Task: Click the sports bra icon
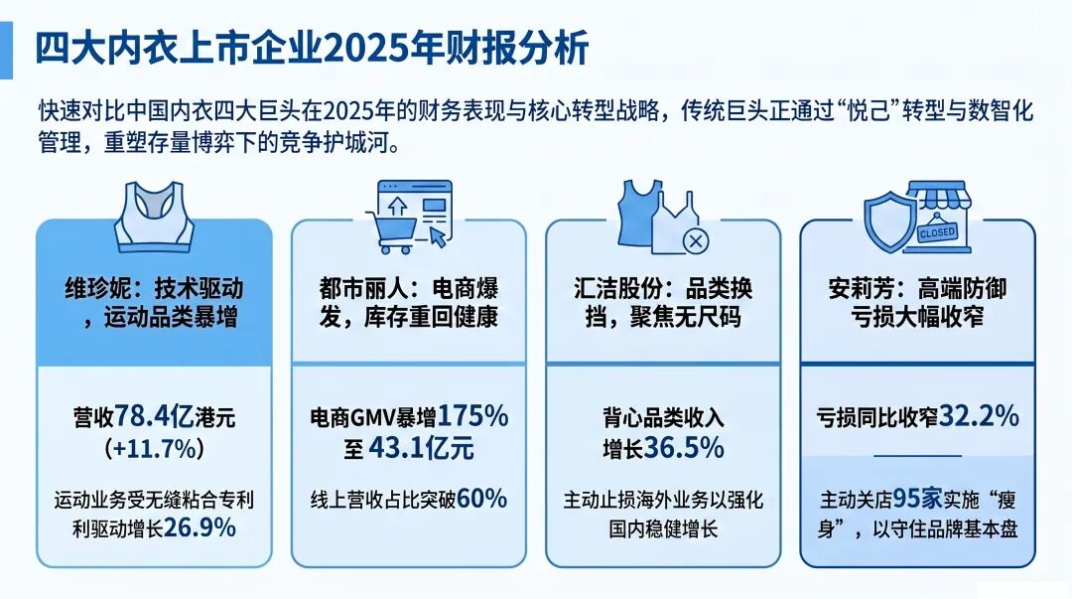tap(155, 217)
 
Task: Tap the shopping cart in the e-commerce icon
tap(392, 231)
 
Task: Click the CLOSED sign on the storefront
tap(937, 233)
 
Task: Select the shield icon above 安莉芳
tap(890, 221)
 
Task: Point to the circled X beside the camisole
tap(695, 240)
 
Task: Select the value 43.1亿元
tap(421, 448)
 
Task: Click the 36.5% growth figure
tap(684, 448)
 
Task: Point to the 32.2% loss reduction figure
tap(979, 415)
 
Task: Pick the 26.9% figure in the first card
tap(200, 527)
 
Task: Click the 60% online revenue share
tap(482, 499)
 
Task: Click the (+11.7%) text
tap(155, 448)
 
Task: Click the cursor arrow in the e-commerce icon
tap(439, 236)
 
